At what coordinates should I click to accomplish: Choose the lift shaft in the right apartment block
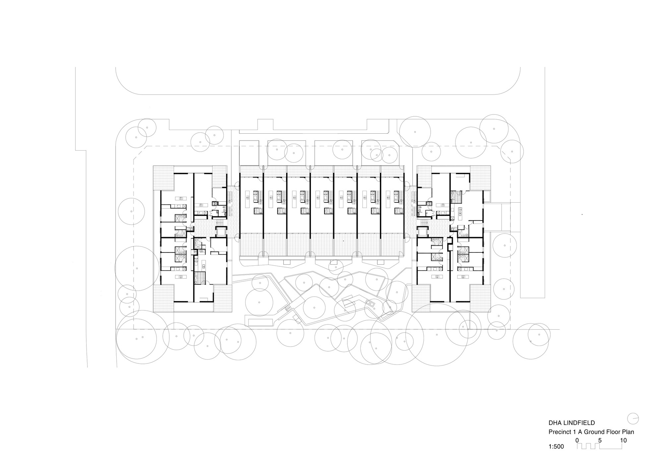coord(422,231)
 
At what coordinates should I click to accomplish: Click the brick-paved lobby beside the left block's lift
coord(204,229)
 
